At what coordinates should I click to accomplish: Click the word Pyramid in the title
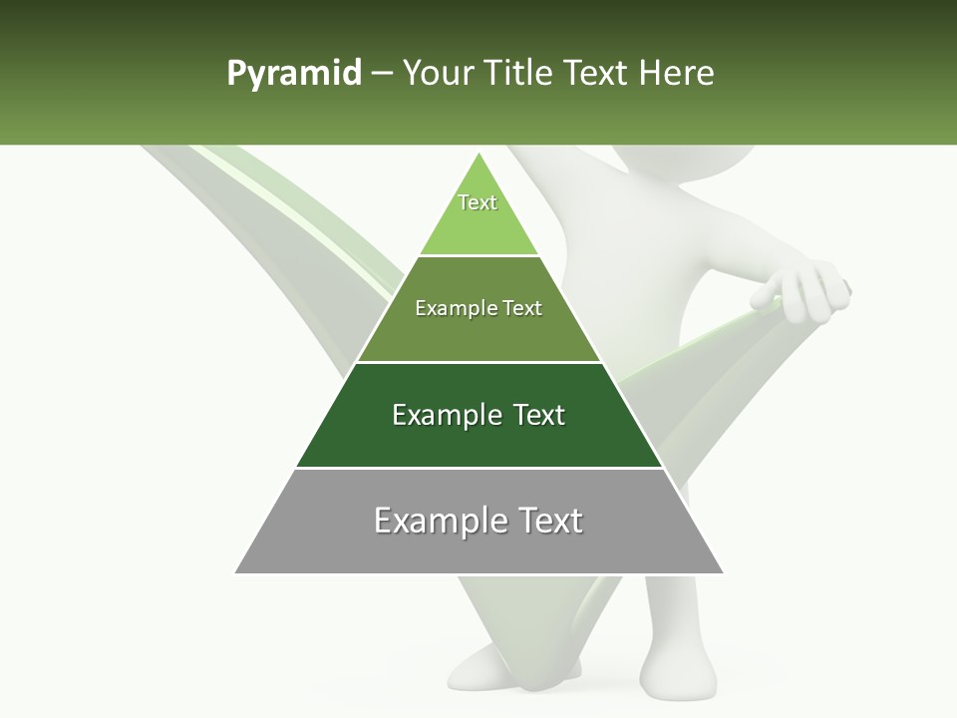pos(294,74)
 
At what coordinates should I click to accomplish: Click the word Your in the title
pos(440,74)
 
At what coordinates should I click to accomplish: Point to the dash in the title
pos(382,74)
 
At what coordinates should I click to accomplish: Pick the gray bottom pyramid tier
pos(478,548)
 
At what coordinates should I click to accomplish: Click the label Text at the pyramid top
pos(478,202)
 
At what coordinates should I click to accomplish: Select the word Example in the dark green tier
pos(445,415)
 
